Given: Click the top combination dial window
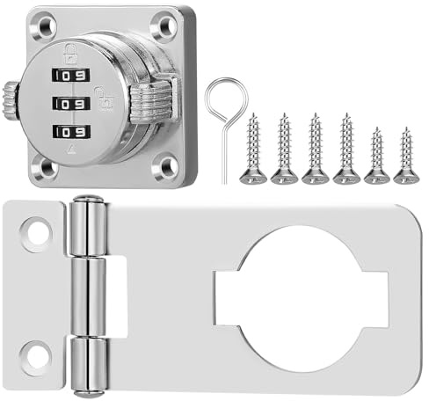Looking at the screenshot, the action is (71, 76).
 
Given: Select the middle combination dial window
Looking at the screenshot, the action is (71, 104).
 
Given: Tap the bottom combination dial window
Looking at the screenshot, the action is (72, 132).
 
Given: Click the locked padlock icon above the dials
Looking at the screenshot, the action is (70, 54).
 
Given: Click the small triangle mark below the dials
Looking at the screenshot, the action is (70, 150).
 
